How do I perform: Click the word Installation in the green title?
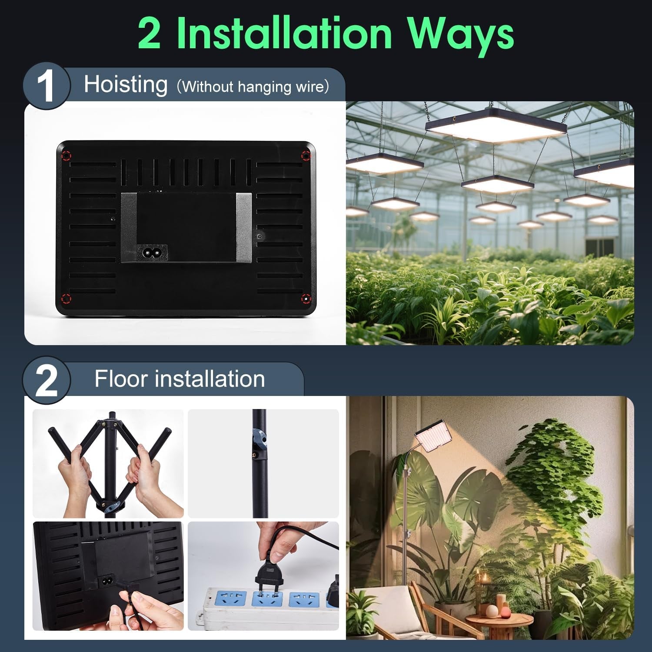click(x=285, y=34)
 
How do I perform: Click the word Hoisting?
click(x=126, y=84)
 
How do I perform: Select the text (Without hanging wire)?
click(x=253, y=86)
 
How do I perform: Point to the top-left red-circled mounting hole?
click(x=66, y=156)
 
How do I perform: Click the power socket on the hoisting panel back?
click(x=153, y=251)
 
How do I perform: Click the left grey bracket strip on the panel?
click(x=129, y=227)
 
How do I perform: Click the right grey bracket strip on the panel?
click(x=243, y=227)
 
